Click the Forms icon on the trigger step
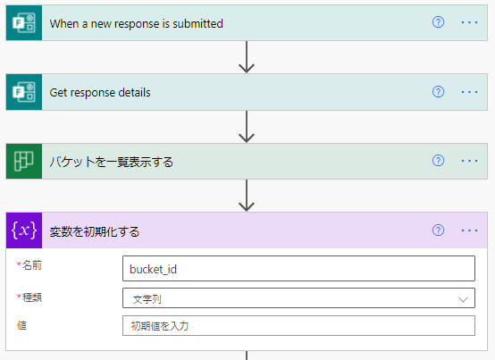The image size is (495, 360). tap(23, 22)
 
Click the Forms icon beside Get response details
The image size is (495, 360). tap(23, 92)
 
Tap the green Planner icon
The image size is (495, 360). tap(23, 162)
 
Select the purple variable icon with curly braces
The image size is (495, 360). tap(23, 231)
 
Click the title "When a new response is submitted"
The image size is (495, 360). tap(136, 22)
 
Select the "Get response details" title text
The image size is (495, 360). tap(100, 92)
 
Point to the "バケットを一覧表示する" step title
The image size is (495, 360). tap(111, 162)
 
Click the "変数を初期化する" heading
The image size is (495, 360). tap(95, 231)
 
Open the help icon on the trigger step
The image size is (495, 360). tap(438, 22)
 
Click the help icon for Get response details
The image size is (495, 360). tap(438, 92)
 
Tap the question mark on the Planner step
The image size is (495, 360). tap(438, 161)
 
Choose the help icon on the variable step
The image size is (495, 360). tap(438, 230)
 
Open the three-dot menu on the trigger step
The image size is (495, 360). tap(470, 22)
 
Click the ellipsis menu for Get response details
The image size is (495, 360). tap(470, 92)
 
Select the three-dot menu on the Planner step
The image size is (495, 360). tap(470, 161)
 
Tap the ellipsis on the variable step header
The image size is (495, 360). tap(470, 230)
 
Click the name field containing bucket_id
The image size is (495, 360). tap(298, 269)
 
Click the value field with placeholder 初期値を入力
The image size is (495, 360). tap(298, 326)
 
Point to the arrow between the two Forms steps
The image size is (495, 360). tap(247, 57)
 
